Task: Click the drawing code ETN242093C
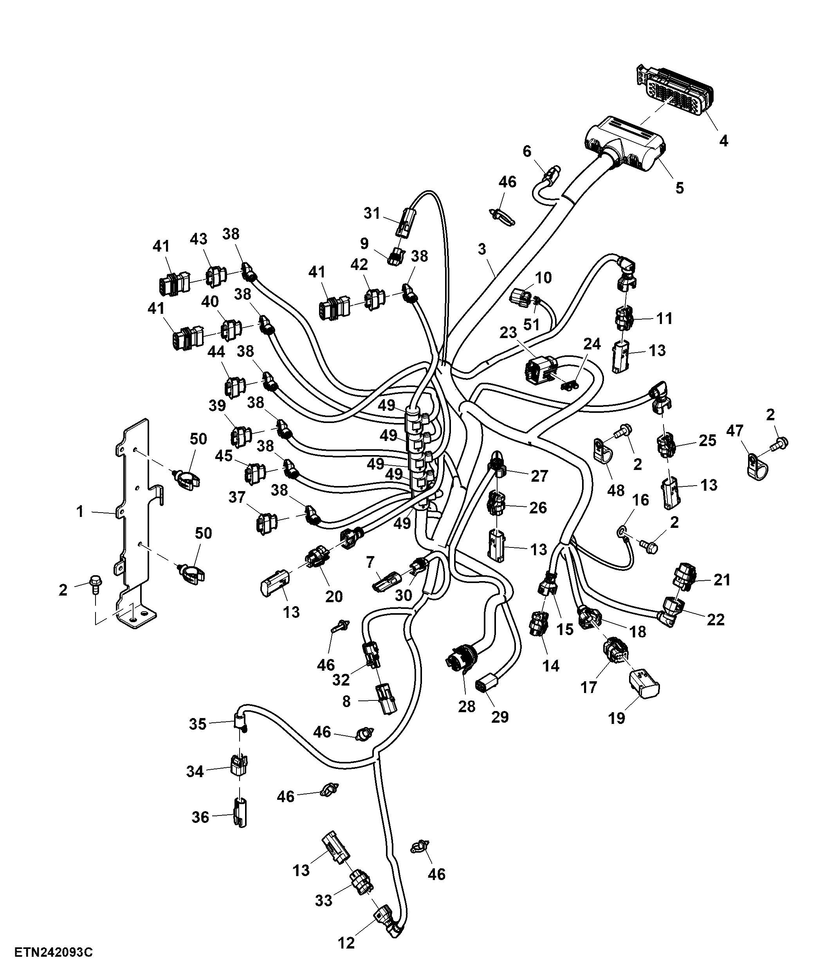(54, 952)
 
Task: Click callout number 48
(616, 490)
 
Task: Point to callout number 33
(324, 900)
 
